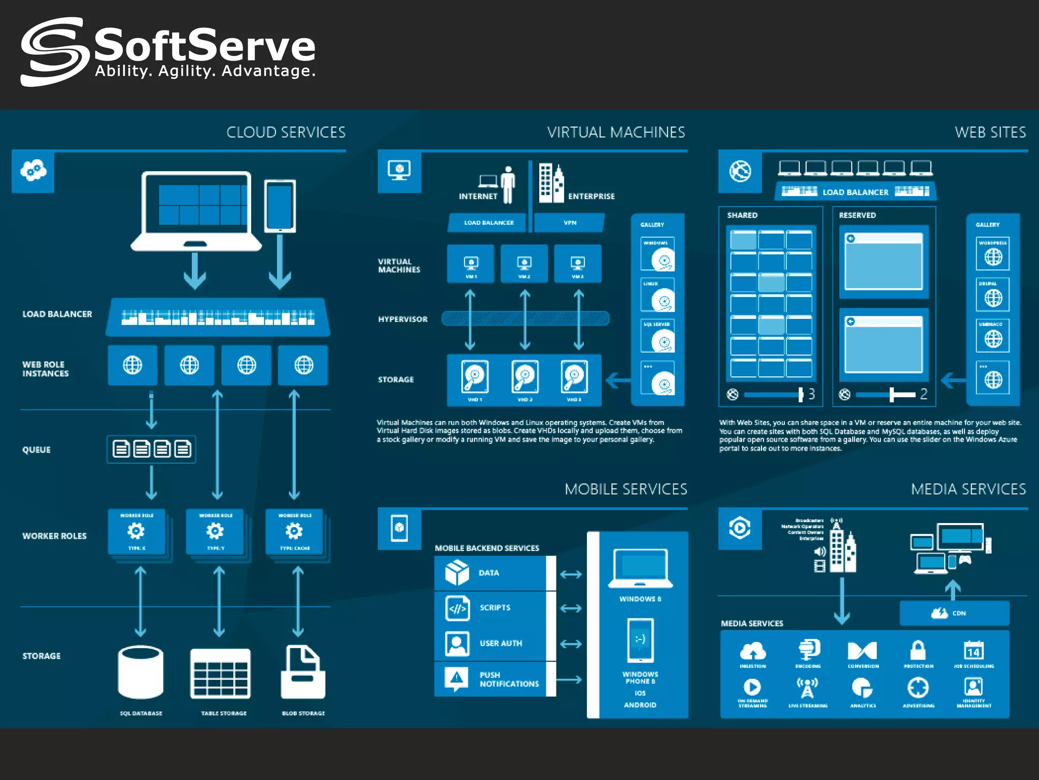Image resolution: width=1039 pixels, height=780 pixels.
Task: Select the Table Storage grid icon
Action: tap(220, 673)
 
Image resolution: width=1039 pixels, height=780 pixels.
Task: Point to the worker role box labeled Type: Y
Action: tap(216, 532)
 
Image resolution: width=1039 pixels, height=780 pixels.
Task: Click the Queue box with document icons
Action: tap(151, 449)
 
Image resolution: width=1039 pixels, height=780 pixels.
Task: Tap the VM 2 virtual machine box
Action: tap(524, 264)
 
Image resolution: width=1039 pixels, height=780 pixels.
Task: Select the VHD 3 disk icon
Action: tap(574, 377)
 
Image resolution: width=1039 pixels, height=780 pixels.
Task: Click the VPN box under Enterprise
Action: tap(570, 223)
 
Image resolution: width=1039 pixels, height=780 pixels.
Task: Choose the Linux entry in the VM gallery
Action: tap(657, 295)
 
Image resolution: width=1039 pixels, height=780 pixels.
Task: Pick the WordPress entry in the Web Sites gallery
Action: tap(993, 253)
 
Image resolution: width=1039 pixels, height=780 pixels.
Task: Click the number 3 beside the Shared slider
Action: tap(812, 394)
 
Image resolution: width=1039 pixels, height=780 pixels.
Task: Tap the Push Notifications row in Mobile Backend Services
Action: tap(495, 679)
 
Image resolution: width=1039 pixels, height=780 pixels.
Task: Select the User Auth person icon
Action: tap(457, 643)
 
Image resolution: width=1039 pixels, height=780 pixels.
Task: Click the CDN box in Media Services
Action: tap(954, 613)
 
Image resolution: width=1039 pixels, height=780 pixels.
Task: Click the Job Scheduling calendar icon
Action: tap(974, 650)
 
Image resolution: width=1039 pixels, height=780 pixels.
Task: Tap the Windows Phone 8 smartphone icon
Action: tap(640, 640)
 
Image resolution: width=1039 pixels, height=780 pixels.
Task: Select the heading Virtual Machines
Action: tap(616, 133)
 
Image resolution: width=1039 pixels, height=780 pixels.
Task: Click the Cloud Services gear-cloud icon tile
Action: tap(33, 171)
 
